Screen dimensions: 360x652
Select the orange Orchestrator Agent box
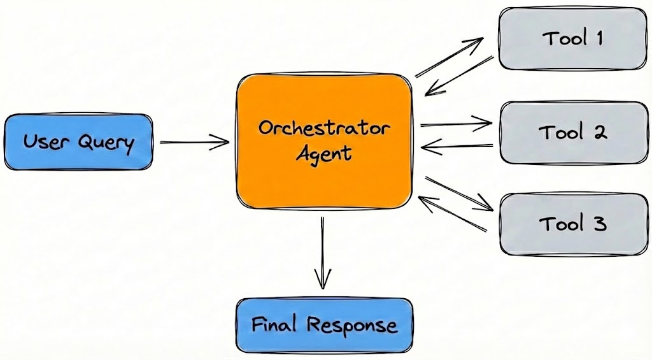point(325,141)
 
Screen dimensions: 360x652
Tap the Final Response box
point(325,325)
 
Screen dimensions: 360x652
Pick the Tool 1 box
point(572,38)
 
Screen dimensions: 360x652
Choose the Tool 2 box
point(572,133)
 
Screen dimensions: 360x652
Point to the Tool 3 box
point(572,224)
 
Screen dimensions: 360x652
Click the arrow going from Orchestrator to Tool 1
point(450,58)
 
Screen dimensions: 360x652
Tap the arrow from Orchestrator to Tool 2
point(456,123)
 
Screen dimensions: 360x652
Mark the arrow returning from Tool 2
point(457,148)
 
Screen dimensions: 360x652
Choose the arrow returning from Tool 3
point(453,213)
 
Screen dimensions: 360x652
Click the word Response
point(352,326)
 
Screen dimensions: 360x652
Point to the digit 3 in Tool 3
point(599,224)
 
